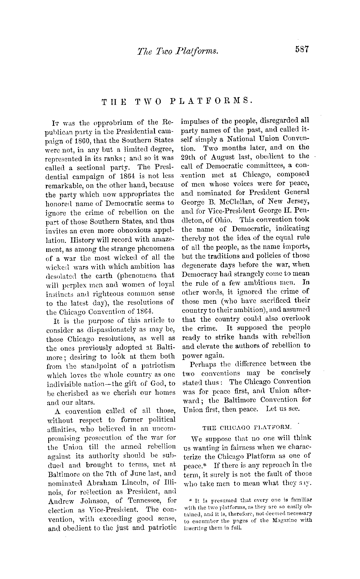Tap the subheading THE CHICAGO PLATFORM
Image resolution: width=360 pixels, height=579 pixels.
[247, 427]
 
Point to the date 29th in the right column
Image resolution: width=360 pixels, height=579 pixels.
[189, 157]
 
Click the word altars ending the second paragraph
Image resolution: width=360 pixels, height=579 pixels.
[85, 402]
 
